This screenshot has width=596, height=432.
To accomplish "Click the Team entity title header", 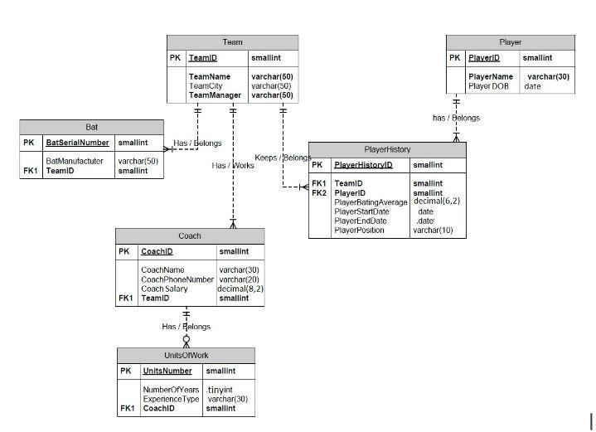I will [x=232, y=42].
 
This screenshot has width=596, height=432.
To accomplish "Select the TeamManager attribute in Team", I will [x=215, y=95].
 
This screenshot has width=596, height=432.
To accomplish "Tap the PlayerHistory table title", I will [x=387, y=149].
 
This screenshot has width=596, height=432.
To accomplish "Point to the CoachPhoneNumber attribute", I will [x=177, y=279].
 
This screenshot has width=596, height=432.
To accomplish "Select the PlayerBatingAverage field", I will [x=371, y=202].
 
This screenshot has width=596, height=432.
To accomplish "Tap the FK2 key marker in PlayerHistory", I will [x=319, y=193].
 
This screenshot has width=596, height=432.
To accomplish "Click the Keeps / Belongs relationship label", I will [x=283, y=158].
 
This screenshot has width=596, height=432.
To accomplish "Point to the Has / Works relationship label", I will [x=233, y=166].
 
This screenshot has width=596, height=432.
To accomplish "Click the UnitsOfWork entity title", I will [x=186, y=355].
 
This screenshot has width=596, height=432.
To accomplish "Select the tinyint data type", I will [x=220, y=390].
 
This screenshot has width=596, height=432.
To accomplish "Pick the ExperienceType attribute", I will [x=172, y=399].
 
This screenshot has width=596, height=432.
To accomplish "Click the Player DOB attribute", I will [x=488, y=86].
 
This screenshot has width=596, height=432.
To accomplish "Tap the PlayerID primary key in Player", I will [x=484, y=58].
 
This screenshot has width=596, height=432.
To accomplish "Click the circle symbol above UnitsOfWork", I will [x=187, y=339].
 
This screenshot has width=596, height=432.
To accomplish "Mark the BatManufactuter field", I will [x=75, y=161].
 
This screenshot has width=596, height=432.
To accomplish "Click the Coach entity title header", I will [x=190, y=236].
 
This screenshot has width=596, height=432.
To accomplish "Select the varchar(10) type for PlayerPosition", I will [x=433, y=230].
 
